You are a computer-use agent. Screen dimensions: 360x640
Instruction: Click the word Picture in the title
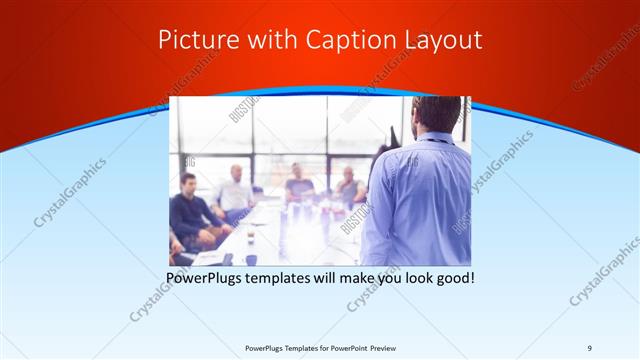(x=192, y=40)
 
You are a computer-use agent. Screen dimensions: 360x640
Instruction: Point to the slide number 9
(x=589, y=348)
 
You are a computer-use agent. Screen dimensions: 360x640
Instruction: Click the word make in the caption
(x=375, y=276)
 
